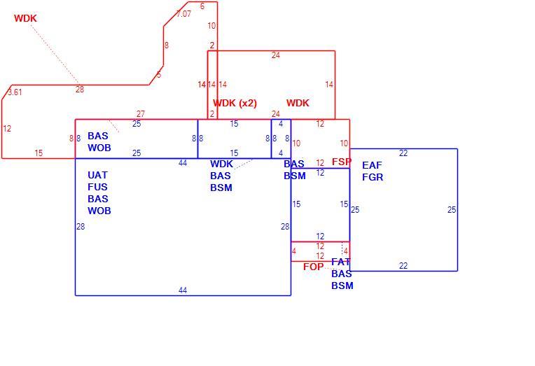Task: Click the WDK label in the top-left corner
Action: pyautogui.click(x=25, y=18)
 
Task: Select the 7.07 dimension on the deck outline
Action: pyautogui.click(x=183, y=13)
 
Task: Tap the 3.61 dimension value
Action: pyautogui.click(x=15, y=92)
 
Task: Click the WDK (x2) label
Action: pyautogui.click(x=235, y=103)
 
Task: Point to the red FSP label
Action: pyautogui.click(x=342, y=162)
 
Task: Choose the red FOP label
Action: pyautogui.click(x=313, y=267)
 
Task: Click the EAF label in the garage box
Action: pyautogui.click(x=372, y=165)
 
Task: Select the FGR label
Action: pyautogui.click(x=373, y=177)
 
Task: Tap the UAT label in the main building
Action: pyautogui.click(x=97, y=175)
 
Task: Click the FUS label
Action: pyautogui.click(x=97, y=187)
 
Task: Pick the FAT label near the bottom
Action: pyautogui.click(x=340, y=262)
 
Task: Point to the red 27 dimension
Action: pyautogui.click(x=141, y=113)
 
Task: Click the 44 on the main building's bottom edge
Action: pyautogui.click(x=183, y=290)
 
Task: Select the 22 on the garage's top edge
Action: pyautogui.click(x=403, y=153)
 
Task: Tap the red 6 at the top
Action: pyautogui.click(x=202, y=6)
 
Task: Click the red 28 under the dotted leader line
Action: pyautogui.click(x=80, y=90)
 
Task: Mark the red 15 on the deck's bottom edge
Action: pyautogui.click(x=39, y=153)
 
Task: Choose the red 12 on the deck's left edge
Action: pyautogui.click(x=7, y=129)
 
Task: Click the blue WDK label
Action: pyautogui.click(x=221, y=164)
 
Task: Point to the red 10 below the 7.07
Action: pyautogui.click(x=211, y=26)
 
